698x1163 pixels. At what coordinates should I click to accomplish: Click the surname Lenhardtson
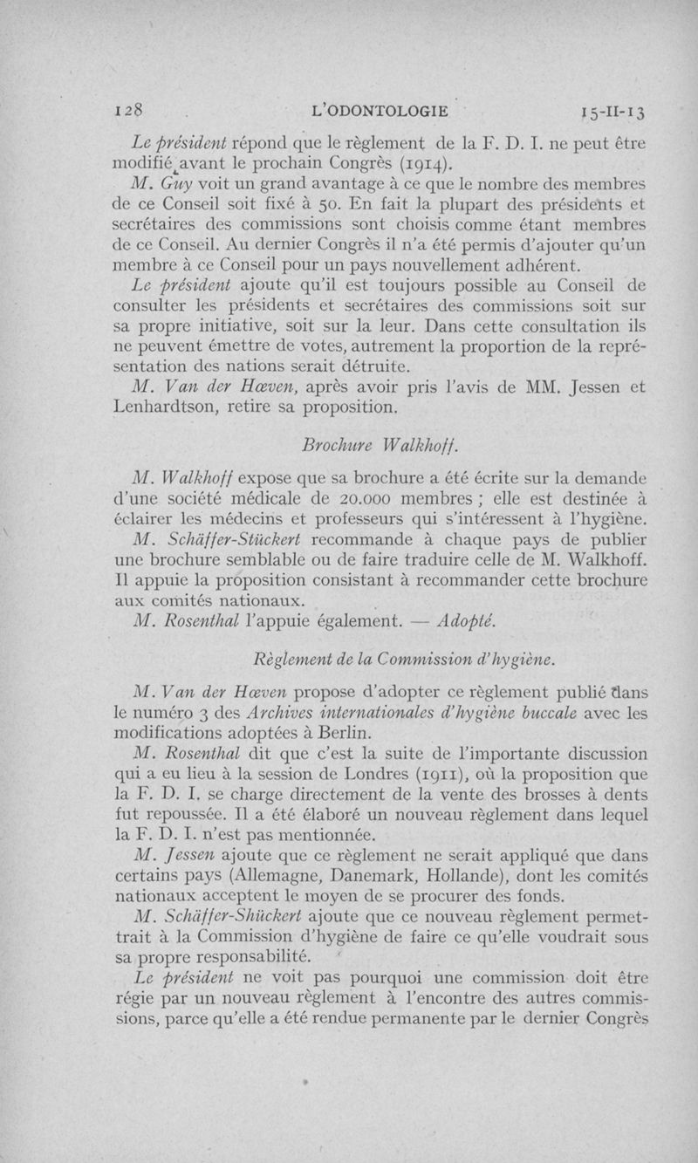pos(177,407)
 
